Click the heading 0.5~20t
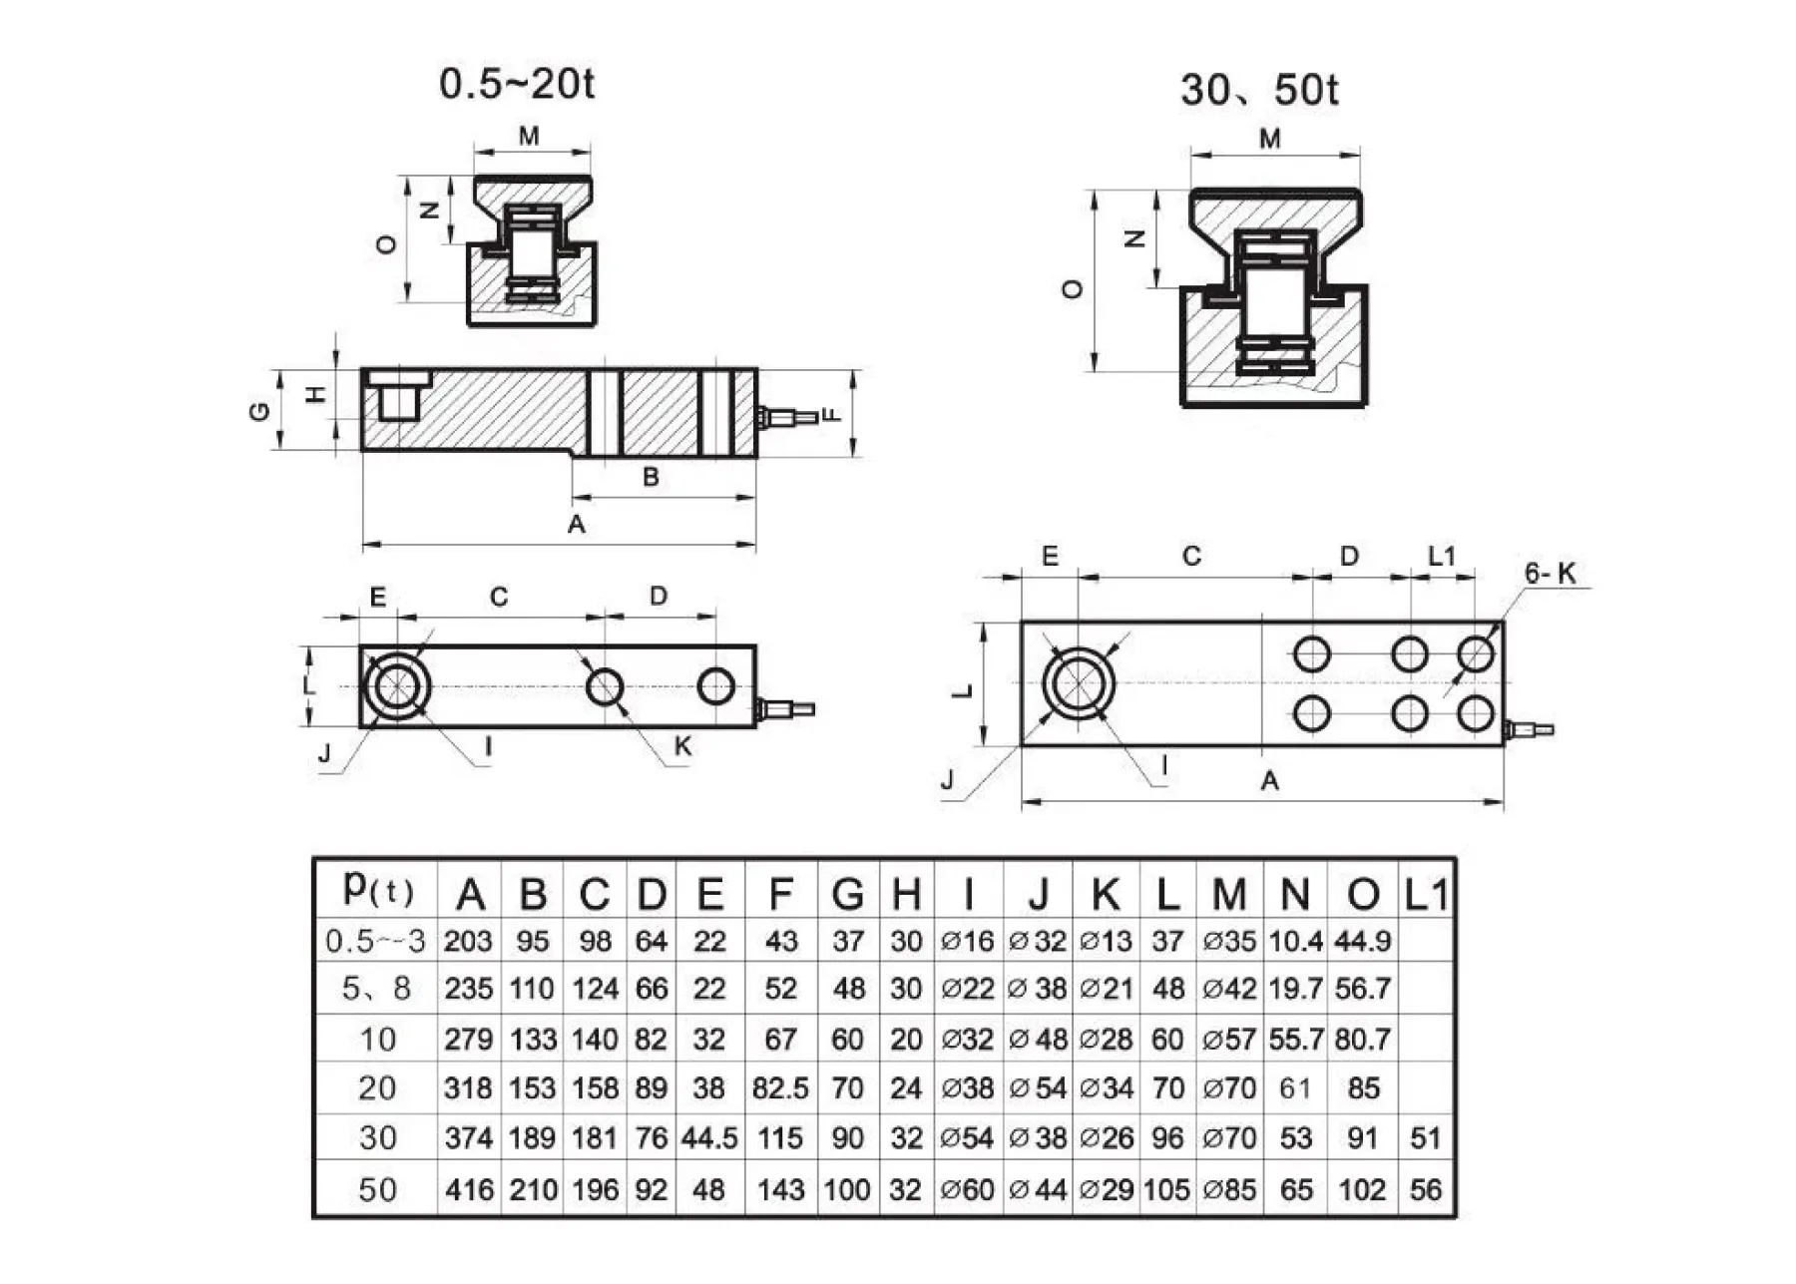[516, 84]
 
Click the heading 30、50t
[1258, 91]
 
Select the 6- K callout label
[1549, 573]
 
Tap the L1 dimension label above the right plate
[1442, 557]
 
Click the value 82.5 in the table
[780, 1088]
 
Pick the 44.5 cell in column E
[709, 1138]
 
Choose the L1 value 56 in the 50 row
[1426, 1189]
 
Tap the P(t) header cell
[376, 888]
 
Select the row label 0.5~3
[376, 941]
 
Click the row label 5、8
[376, 989]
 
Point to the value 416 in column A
[469, 1189]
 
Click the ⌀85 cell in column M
[1229, 1189]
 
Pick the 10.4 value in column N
[1295, 941]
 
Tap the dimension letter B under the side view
[651, 477]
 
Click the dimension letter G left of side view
[259, 410]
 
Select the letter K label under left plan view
[682, 746]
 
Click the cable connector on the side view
[788, 415]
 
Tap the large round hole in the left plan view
[398, 685]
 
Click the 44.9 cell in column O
[1362, 941]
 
